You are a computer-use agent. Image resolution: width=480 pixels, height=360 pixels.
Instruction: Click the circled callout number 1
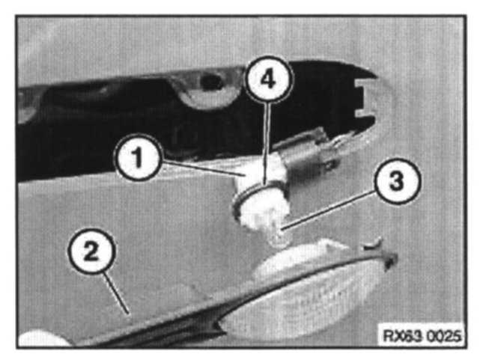click(x=138, y=157)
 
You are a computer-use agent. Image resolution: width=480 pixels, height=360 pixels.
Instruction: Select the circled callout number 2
click(x=91, y=251)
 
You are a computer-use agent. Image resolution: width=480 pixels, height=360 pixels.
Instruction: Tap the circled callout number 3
click(x=397, y=181)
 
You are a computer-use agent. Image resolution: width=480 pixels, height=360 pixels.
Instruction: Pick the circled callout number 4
click(x=268, y=79)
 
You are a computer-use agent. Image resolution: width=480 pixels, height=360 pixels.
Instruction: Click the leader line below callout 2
click(x=116, y=293)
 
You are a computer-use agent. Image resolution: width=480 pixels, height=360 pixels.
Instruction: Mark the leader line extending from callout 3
click(x=329, y=210)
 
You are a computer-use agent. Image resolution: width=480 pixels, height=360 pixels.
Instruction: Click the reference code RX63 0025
click(x=422, y=336)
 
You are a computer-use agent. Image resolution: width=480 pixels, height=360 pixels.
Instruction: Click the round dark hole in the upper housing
click(x=212, y=81)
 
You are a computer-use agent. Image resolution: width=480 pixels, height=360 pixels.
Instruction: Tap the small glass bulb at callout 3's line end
click(x=279, y=236)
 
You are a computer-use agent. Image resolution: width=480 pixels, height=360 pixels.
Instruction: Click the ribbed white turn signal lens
click(x=306, y=290)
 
